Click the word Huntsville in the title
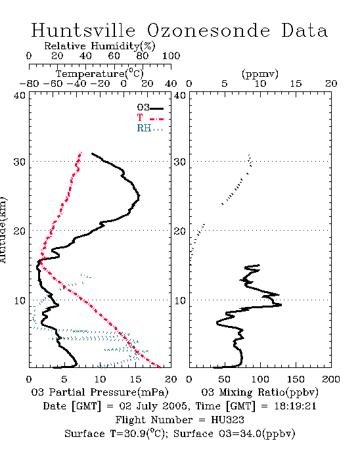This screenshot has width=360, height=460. (x=83, y=30)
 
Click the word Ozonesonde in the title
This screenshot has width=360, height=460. (x=208, y=30)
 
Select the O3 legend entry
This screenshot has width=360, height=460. (x=150, y=108)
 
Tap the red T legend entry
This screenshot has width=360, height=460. (x=150, y=118)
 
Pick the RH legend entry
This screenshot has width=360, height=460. (x=150, y=128)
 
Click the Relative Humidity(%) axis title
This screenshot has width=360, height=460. (x=100, y=46)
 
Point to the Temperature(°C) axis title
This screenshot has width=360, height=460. (x=100, y=74)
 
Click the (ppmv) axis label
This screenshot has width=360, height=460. (x=260, y=74)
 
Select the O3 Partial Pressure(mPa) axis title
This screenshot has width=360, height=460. (x=100, y=392)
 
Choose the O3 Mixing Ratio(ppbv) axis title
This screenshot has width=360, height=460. (x=260, y=392)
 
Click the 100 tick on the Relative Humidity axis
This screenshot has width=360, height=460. (x=171, y=56)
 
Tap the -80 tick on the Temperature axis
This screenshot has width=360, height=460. (x=29, y=83)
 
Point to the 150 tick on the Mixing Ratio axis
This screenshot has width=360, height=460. (x=296, y=379)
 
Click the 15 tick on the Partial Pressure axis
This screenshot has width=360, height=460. (x=135, y=379)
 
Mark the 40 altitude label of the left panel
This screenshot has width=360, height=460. (x=20, y=95)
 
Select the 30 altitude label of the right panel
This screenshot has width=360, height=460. (x=180, y=162)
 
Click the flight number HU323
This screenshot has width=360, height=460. (x=227, y=420)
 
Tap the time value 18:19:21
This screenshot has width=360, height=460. (x=296, y=406)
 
